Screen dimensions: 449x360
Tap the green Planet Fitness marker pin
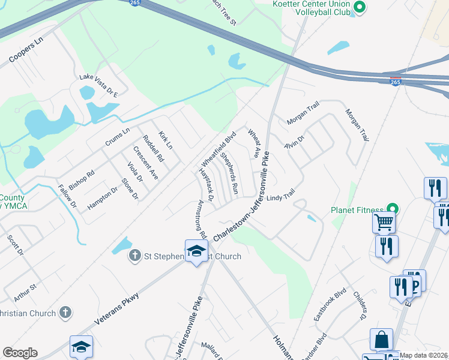point(393,209)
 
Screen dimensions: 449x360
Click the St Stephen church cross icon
point(135,256)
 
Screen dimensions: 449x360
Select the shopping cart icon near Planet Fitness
point(384,222)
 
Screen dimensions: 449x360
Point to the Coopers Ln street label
point(27,53)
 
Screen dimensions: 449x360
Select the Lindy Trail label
point(281,197)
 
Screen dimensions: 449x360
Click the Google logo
point(20,353)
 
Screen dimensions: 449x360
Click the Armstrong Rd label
point(199,218)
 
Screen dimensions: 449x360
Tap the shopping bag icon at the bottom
point(381,340)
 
